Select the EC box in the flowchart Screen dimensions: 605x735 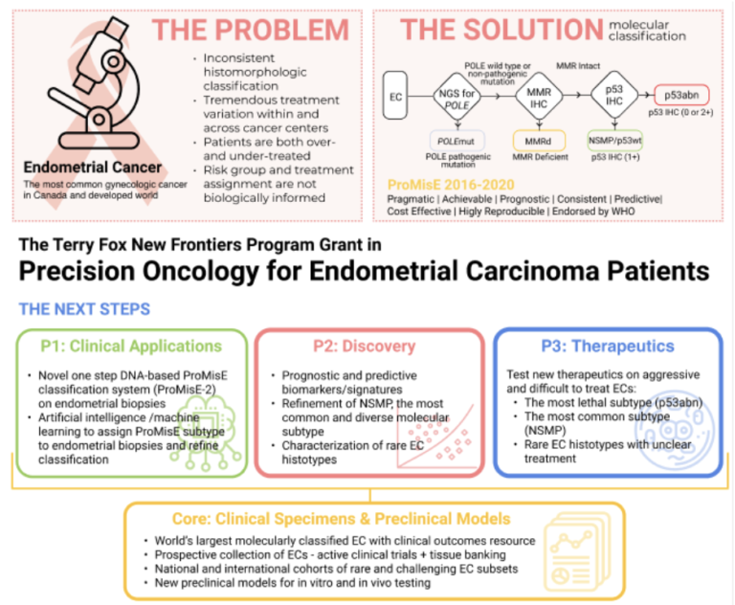pos(394,96)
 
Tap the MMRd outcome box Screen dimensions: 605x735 pos(533,140)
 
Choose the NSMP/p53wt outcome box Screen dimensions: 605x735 pos(612,140)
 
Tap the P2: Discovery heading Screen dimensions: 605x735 pos(368,347)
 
